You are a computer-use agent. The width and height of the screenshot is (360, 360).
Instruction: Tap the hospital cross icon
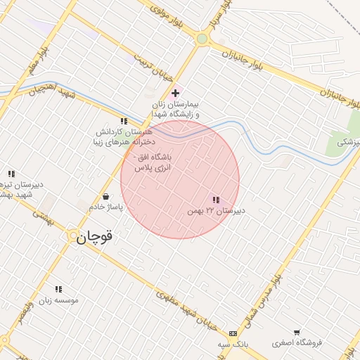pyautogui.click(x=175, y=93)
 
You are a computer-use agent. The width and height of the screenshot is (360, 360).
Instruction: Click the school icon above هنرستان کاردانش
pyautogui.click(x=124, y=121)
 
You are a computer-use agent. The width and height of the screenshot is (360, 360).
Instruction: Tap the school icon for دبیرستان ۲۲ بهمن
pyautogui.click(x=215, y=200)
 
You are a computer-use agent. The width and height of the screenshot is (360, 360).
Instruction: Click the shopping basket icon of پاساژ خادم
pyautogui.click(x=105, y=197)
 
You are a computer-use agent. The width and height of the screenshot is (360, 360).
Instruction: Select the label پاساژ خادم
pyautogui.click(x=106, y=208)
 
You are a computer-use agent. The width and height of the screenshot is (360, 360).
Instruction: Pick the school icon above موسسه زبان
pyautogui.click(x=58, y=289)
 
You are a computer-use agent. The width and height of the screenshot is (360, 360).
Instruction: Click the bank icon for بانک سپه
pyautogui.click(x=233, y=333)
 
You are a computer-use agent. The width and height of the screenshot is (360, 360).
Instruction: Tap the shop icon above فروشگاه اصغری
pyautogui.click(x=297, y=333)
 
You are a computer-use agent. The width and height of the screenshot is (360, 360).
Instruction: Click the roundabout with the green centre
pyautogui.click(x=202, y=39)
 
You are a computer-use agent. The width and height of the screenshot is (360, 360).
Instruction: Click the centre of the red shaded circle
pyautogui.click(x=180, y=179)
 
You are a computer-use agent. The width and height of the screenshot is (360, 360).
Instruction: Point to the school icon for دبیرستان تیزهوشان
pyautogui.click(x=11, y=173)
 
